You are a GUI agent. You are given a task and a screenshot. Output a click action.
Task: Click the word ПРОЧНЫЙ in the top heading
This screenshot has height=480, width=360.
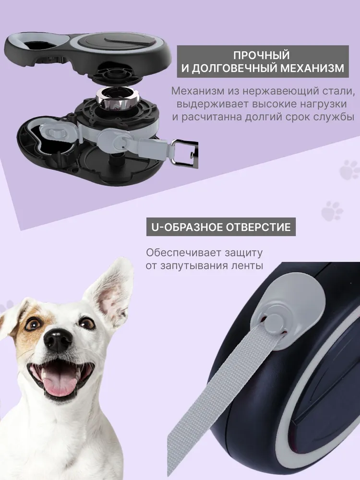point(261,55)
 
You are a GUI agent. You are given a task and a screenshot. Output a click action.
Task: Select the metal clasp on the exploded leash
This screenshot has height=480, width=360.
point(185,154)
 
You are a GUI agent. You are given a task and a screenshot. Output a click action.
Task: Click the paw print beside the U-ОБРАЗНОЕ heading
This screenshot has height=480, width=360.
point(332,211)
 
